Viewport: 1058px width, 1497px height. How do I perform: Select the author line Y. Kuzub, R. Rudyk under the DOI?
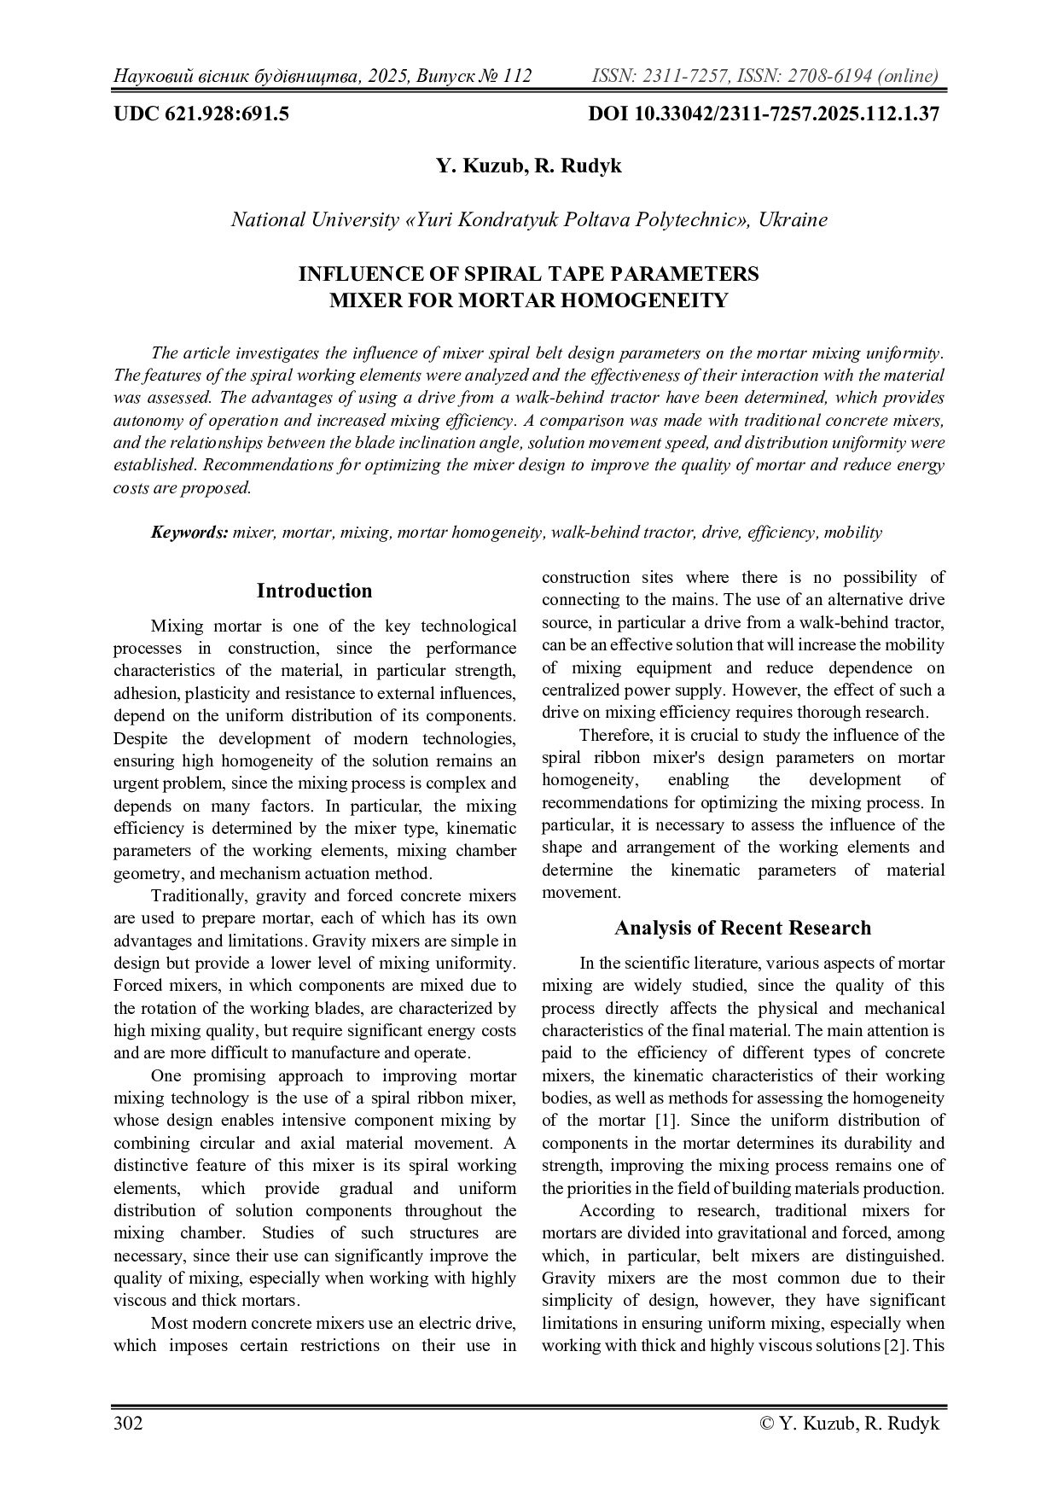528,166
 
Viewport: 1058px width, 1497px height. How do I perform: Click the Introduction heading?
314,591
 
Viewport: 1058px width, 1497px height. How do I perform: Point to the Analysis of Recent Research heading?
742,928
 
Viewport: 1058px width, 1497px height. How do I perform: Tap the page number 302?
128,1423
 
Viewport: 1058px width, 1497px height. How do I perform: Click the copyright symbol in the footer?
765,1423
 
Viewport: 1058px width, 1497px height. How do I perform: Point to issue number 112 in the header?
517,76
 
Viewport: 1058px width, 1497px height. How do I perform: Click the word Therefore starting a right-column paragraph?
614,735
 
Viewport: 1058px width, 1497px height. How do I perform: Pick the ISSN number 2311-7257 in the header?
683,76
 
